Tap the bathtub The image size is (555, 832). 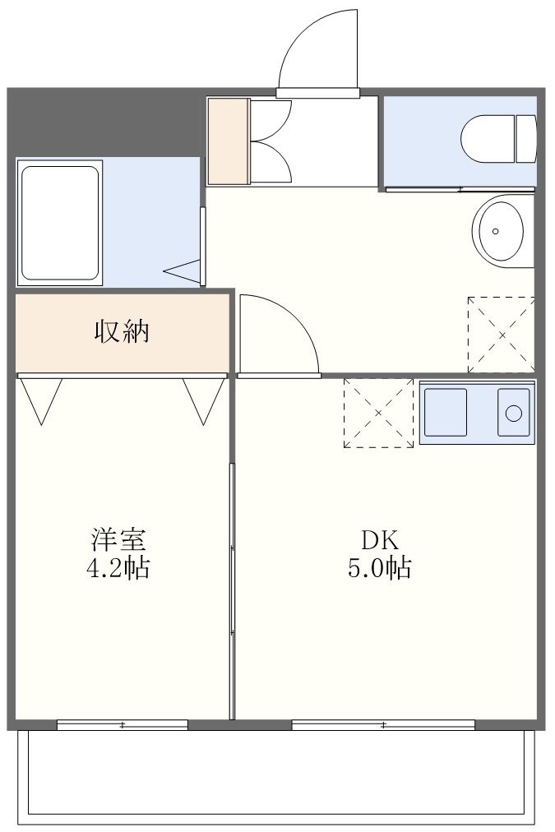60,222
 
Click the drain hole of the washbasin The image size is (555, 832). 495,231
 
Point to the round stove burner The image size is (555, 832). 514,413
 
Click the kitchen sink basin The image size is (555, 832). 446,412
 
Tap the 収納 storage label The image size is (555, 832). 122,331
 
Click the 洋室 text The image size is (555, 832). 118,538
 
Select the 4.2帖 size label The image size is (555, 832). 118,568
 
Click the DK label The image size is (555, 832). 379,539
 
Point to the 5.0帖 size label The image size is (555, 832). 379,568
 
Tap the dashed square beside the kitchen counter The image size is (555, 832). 378,413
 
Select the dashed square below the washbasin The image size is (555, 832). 501,335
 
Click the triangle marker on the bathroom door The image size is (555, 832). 182,271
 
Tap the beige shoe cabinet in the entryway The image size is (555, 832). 228,141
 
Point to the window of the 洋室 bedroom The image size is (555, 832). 123,725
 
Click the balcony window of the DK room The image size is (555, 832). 383,725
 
